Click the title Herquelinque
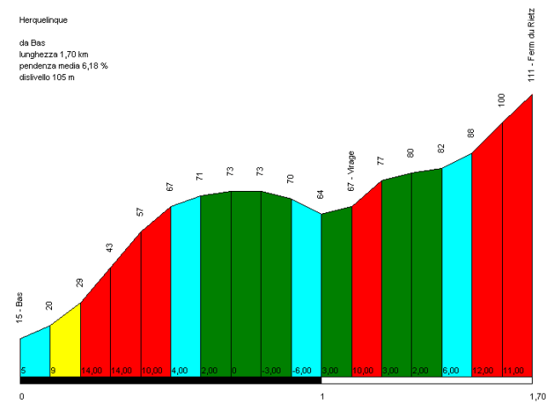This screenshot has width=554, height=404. click(43, 18)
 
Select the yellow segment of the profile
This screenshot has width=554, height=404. click(65, 341)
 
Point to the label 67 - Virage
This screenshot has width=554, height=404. click(351, 171)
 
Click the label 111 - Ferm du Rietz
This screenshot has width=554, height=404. click(532, 45)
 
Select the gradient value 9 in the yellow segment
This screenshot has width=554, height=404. click(55, 371)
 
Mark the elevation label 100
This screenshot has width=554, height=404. click(502, 100)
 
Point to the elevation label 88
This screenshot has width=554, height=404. click(471, 134)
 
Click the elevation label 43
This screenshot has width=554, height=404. click(110, 248)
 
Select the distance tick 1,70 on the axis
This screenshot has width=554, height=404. click(537, 396)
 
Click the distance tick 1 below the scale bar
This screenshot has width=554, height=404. click(322, 396)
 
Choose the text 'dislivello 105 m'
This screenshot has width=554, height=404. click(47, 78)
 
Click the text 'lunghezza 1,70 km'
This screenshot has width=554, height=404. click(54, 54)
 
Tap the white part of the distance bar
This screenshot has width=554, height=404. click(426, 380)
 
